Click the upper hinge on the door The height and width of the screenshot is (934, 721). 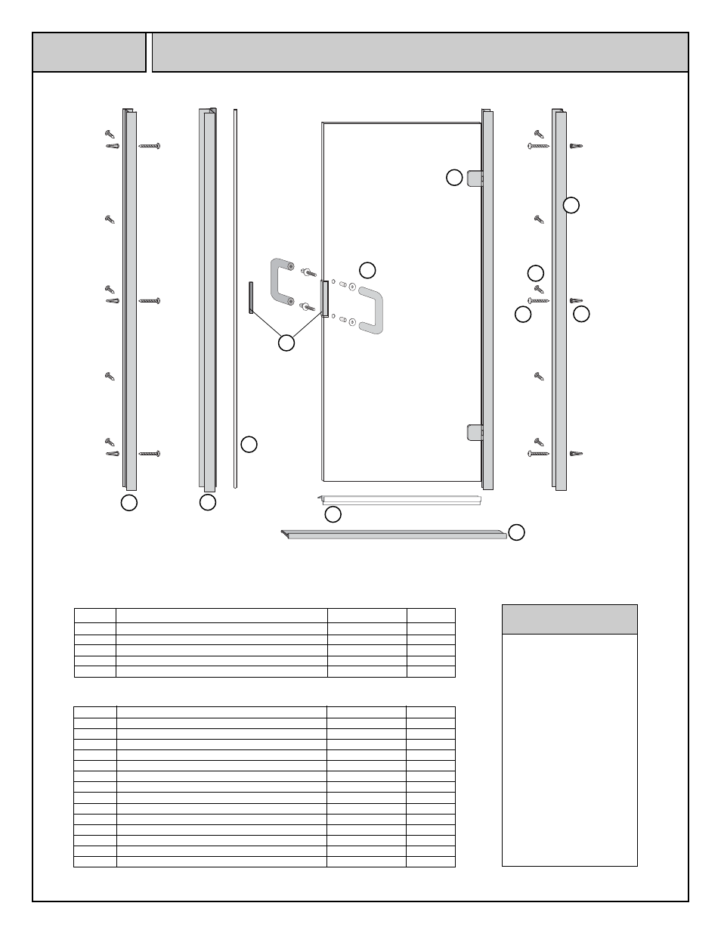click(474, 178)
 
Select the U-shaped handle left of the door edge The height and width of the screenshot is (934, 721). click(281, 281)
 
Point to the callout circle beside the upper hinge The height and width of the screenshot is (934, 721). click(453, 178)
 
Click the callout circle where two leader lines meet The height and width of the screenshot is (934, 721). click(286, 343)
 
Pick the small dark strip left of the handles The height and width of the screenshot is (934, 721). click(249, 297)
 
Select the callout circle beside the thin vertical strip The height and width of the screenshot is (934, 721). click(249, 444)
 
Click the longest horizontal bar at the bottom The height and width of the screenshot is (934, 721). click(393, 535)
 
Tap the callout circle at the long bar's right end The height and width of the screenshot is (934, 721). click(516, 532)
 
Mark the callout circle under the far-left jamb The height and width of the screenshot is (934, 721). click(129, 502)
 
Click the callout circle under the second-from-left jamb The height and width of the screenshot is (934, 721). click(208, 502)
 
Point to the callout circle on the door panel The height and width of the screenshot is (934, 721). click(367, 269)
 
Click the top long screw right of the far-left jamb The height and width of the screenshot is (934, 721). click(150, 145)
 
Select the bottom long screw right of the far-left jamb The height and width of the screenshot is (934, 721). click(150, 454)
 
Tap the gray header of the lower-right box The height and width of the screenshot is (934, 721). click(569, 619)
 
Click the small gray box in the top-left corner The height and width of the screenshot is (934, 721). click(89, 52)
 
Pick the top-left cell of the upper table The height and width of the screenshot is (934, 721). click(94, 615)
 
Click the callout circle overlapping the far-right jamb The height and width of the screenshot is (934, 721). click(571, 204)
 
